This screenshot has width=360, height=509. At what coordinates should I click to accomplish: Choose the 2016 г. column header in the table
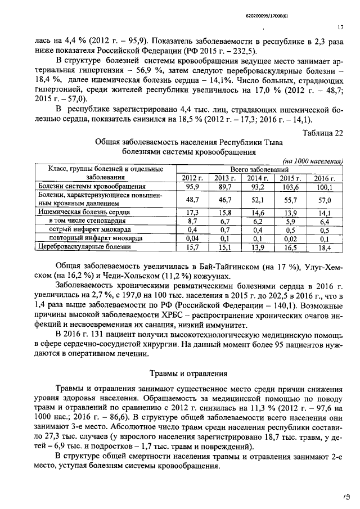tap(324, 178)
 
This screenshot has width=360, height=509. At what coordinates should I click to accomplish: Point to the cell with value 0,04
tap(191, 238)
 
